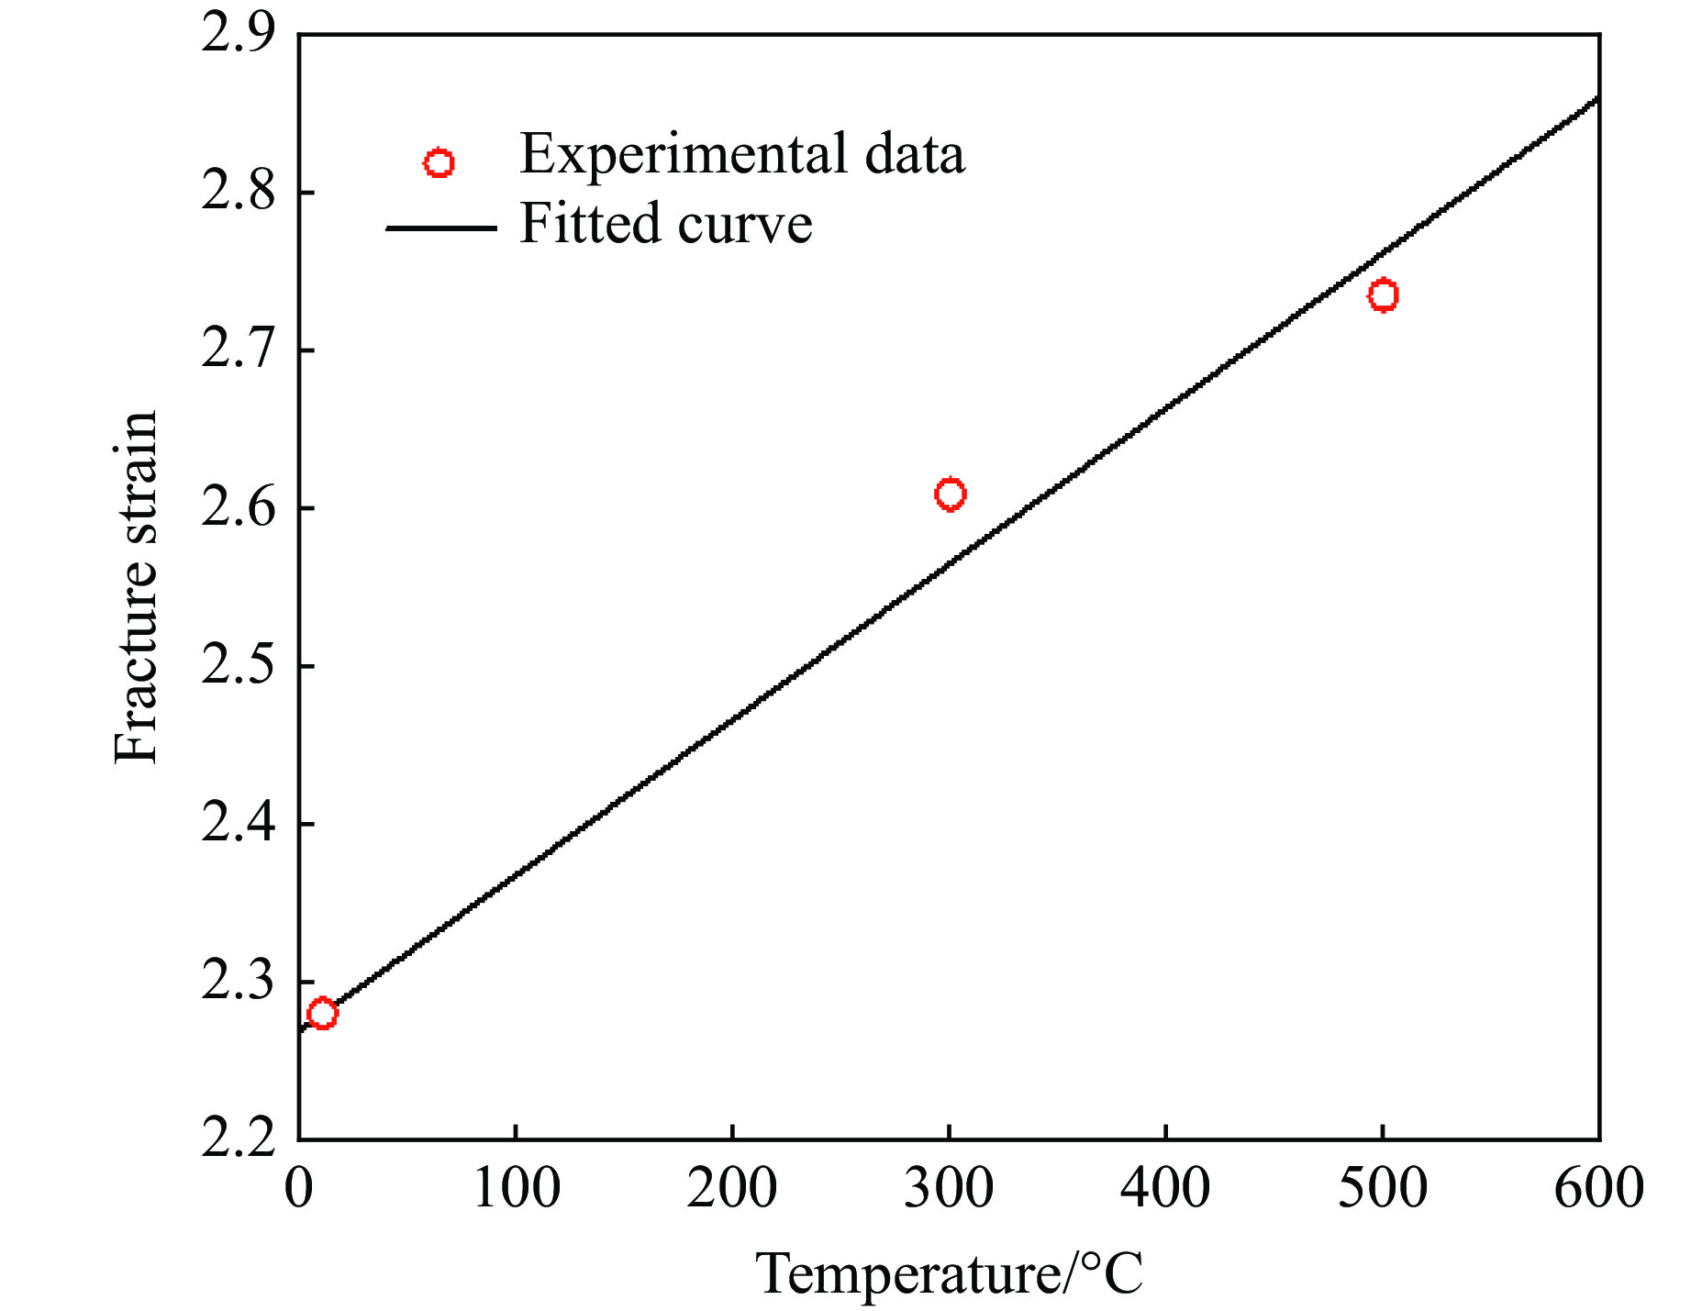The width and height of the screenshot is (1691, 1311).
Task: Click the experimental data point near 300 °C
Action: coord(950,494)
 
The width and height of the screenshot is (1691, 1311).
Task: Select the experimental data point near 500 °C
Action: coord(1383,295)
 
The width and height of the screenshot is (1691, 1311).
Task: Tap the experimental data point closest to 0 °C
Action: coord(322,1014)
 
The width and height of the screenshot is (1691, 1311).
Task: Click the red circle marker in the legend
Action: coord(439,163)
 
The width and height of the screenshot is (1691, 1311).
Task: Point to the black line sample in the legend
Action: coord(440,227)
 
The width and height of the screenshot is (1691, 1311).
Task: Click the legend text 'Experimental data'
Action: coord(741,154)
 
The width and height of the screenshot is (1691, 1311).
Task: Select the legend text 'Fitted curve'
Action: coord(665,224)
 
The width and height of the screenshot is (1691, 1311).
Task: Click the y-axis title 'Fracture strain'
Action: coord(136,587)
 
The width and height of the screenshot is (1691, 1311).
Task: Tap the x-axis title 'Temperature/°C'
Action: coord(949,1273)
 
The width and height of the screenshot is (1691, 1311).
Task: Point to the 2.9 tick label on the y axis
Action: coord(238,35)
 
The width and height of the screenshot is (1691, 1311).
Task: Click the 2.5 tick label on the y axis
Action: coord(238,666)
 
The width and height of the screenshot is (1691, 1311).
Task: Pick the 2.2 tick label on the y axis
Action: coord(238,1139)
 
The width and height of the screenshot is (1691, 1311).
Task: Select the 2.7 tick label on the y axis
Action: coord(238,350)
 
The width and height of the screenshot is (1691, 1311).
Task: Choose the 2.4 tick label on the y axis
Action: coord(238,824)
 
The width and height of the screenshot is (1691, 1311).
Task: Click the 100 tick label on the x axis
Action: coord(516,1189)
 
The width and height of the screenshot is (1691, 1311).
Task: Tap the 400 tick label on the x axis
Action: coord(1165,1189)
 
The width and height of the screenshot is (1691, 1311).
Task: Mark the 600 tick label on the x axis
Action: coord(1598,1189)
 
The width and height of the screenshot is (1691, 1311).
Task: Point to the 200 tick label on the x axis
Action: coord(732,1189)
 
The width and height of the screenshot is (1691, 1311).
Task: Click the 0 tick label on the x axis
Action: coord(299,1189)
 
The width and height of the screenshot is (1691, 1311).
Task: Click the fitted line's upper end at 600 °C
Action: coord(1596,98)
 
